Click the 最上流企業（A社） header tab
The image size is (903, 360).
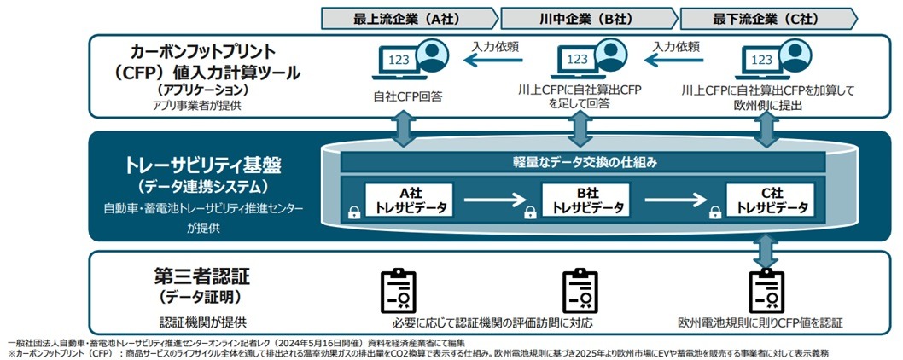click(x=407, y=18)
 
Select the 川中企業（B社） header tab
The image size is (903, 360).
click(x=587, y=18)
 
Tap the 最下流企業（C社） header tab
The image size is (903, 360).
click(x=769, y=18)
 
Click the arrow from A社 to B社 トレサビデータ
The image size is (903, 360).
click(x=496, y=199)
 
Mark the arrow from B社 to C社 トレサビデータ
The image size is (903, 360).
click(x=675, y=199)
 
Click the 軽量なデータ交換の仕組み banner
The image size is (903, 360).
click(x=584, y=161)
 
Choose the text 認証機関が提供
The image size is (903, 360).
click(x=203, y=322)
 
